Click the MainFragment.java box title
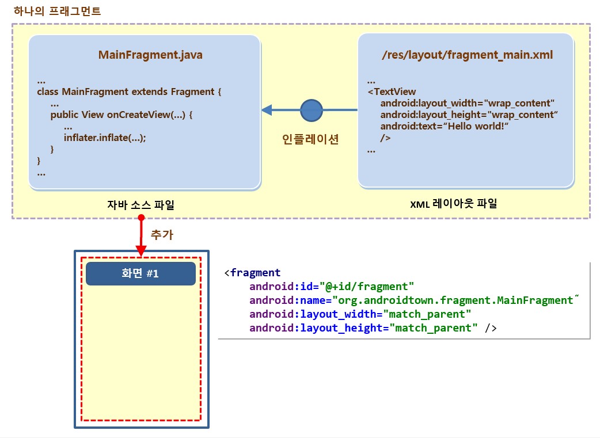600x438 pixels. pos(150,55)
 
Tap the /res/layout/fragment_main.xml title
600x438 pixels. pos(467,55)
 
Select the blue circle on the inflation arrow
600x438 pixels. pos(312,110)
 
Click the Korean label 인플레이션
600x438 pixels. pos(310,139)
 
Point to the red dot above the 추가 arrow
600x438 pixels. pos(141,219)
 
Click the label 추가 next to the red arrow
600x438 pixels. pos(162,235)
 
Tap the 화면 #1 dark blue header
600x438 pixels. pos(140,274)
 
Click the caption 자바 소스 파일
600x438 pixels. pos(140,204)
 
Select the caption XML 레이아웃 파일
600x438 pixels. pos(454,204)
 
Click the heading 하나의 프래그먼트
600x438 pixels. pos(50,11)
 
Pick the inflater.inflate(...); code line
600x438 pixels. pos(105,138)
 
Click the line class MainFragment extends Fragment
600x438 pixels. pos(129,92)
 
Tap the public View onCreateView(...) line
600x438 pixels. pos(121,115)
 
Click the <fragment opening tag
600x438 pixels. pos(252,273)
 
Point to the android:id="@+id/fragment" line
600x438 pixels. pos(332,287)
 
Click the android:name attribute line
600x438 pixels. pos(411,300)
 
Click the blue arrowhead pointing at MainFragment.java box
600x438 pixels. pos(267,110)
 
